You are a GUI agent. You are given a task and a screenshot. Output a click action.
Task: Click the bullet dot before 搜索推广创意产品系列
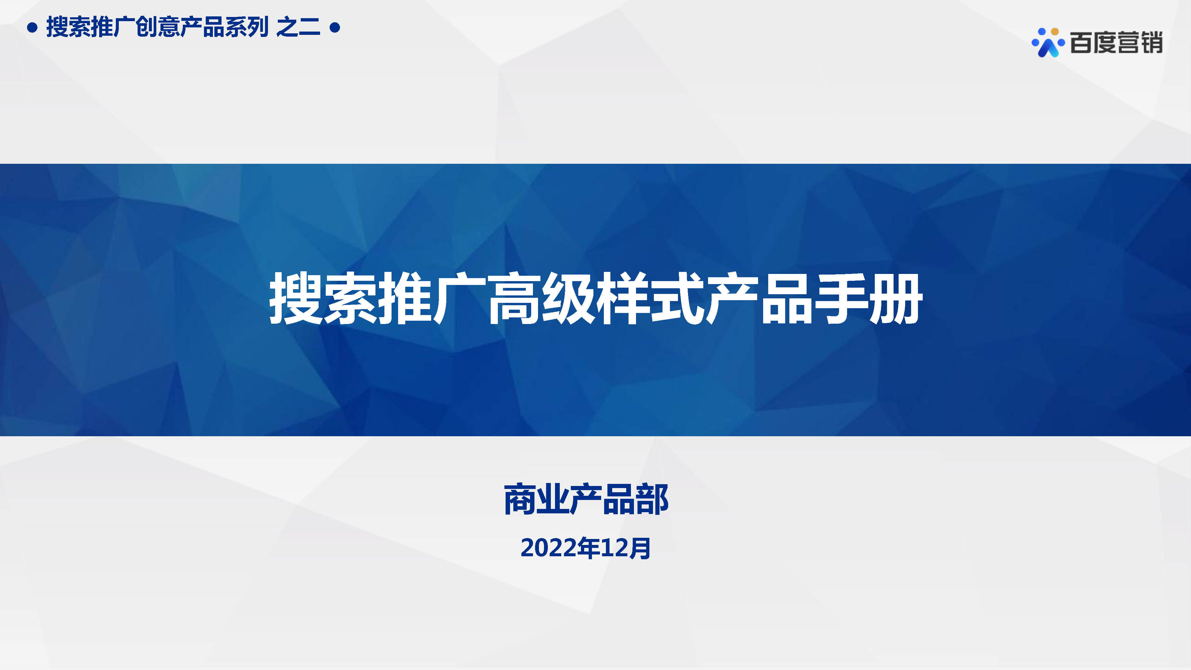point(32,28)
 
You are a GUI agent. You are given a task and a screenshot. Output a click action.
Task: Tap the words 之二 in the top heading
point(298,27)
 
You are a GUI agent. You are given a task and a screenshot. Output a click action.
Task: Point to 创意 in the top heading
point(158,27)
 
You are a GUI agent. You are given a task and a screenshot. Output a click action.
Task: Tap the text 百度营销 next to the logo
point(1116,43)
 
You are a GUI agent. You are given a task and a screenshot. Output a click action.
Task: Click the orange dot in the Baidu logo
point(1055,32)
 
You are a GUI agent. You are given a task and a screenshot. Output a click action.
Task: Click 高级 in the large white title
point(542,298)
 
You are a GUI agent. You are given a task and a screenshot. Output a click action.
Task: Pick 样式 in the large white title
point(651,298)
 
